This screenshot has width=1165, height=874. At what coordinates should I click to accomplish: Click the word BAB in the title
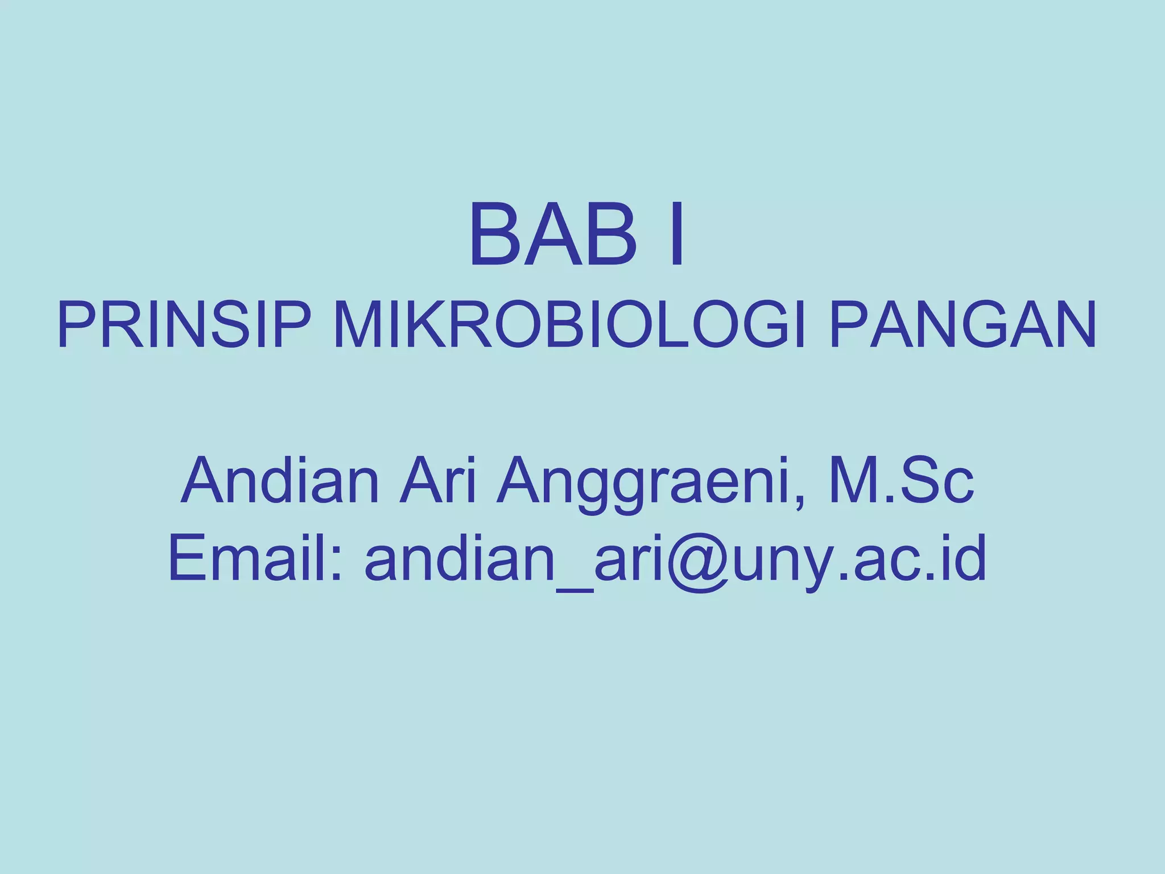coord(552,236)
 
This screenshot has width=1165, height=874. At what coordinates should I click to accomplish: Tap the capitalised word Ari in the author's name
coord(437,481)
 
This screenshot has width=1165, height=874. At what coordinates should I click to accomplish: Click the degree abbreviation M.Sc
coord(902,481)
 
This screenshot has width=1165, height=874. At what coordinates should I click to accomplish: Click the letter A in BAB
coord(552,236)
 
